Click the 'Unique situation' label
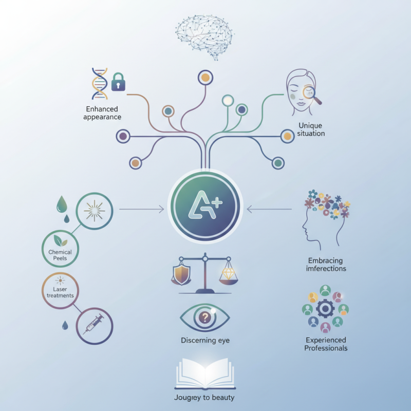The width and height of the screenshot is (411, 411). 311,129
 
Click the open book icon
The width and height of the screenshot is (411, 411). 205,375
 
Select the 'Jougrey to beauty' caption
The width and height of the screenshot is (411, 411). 205,398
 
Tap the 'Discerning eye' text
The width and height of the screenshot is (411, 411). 205,340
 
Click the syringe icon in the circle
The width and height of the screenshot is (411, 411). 94,326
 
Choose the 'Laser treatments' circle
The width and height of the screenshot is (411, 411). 60,291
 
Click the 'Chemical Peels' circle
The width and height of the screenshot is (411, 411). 60,250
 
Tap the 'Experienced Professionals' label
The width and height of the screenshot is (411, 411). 326,344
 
